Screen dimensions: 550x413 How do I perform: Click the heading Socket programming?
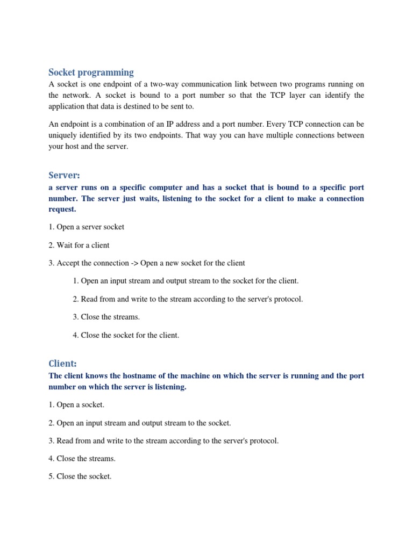click(x=91, y=73)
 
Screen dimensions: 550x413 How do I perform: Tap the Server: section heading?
click(x=64, y=176)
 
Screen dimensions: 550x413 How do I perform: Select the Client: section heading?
click(x=63, y=364)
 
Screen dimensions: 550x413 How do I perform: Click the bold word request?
click(x=62, y=209)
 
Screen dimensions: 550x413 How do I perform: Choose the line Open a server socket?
click(x=86, y=227)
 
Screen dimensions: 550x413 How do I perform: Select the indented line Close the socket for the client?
click(x=125, y=335)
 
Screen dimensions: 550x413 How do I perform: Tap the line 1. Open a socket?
click(x=76, y=405)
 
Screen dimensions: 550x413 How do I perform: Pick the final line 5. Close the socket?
click(x=80, y=476)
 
